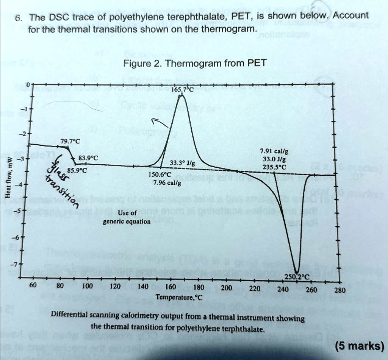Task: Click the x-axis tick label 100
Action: coord(87,286)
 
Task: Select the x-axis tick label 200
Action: coord(226,288)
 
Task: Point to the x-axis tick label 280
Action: coord(339,291)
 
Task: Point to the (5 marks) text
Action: coord(360,346)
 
